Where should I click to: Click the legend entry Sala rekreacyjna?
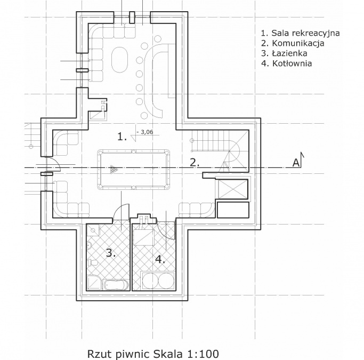[301, 33]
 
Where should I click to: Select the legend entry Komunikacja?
[293, 43]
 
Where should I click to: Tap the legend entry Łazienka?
[284, 53]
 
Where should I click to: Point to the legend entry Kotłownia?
[287, 63]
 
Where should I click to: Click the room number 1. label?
[122, 137]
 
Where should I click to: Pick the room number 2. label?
[195, 163]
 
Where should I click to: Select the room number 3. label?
[111, 252]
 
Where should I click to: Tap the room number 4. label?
[160, 259]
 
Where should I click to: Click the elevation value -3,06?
[145, 132]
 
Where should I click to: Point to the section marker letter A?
[296, 163]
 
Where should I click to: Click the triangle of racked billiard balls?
[114, 169]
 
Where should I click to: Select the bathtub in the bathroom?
[116, 284]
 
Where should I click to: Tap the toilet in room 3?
[93, 263]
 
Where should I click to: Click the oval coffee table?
[120, 60]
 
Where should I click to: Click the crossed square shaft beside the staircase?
[232, 189]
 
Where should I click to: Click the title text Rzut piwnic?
[118, 354]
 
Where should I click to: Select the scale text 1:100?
[203, 354]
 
